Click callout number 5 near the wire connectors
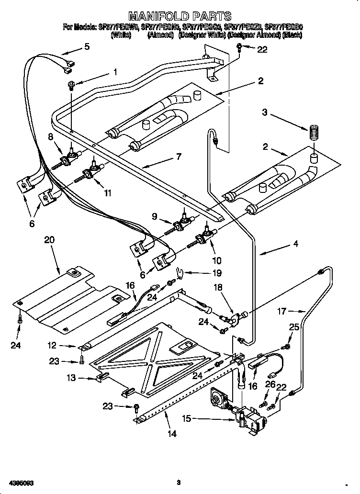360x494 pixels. click(x=87, y=46)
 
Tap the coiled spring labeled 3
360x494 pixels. click(x=314, y=132)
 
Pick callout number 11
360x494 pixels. click(x=108, y=193)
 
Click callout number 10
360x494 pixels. click(x=217, y=260)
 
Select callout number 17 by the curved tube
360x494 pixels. click(x=282, y=311)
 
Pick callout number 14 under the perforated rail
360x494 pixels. click(x=172, y=434)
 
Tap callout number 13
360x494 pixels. click(x=72, y=378)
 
